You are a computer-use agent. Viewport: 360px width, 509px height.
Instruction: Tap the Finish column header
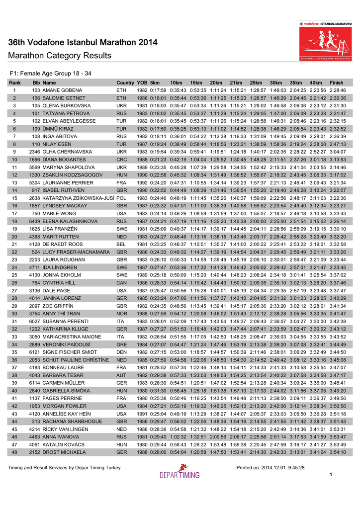337,82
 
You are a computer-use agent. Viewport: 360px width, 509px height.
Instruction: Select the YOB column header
142,82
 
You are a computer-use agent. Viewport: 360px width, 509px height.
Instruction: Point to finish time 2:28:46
337,90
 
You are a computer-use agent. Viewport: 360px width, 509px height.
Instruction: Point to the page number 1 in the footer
331,475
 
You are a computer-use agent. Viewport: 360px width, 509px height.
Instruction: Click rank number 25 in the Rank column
14,275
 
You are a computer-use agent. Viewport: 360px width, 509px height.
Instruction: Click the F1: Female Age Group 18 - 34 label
50,73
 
